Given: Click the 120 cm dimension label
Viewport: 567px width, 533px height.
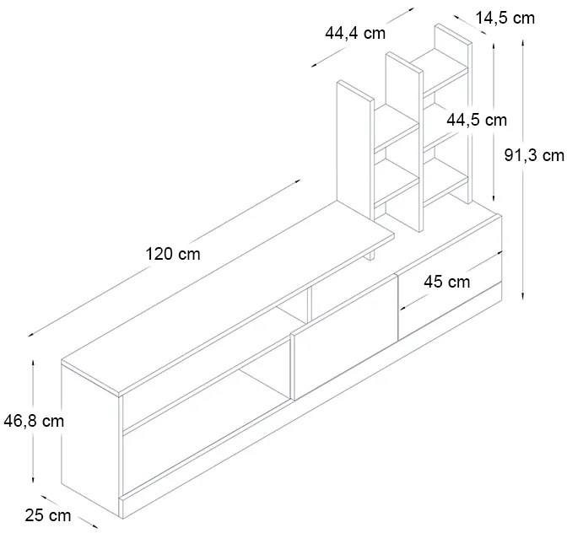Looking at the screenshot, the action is coord(173,254).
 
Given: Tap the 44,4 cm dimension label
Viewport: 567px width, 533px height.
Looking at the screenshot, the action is coord(355,33).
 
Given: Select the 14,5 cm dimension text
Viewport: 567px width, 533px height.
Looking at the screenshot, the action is coord(505,18).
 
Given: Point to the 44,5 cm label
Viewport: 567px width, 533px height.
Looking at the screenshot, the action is coord(477,120).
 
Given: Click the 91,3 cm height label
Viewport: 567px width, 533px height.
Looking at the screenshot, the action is coord(534,155).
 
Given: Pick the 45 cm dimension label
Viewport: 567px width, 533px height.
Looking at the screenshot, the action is coord(447,282).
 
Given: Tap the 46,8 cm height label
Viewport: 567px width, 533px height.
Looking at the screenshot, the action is coord(34,421).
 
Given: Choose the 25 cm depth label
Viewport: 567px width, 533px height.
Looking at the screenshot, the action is coord(48,515).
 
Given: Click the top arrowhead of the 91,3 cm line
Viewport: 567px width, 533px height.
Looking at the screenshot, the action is coord(523,42).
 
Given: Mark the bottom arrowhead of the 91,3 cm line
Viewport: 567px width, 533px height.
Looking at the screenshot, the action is coord(523,297).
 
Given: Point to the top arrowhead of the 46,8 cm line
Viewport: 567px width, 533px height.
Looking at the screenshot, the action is coord(33,362).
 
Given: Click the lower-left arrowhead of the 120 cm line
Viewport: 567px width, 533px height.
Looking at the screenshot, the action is coord(30,335).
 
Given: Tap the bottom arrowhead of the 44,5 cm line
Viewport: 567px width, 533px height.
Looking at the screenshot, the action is coord(494,198).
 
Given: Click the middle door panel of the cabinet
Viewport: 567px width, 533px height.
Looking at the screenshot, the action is coord(344,338).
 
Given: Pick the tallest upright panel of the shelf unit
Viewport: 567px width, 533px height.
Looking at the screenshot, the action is coord(453,114).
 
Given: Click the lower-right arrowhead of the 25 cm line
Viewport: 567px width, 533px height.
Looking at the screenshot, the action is coord(94,526).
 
